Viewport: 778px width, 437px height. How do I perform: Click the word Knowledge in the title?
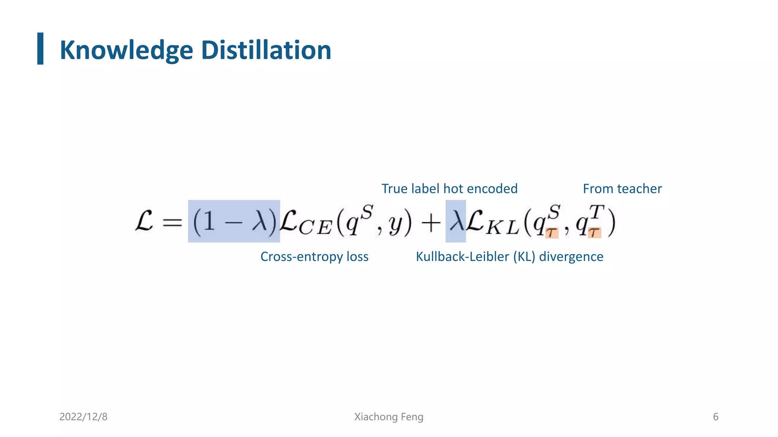pyautogui.click(x=127, y=50)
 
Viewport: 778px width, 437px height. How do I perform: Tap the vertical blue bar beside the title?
pyautogui.click(x=40, y=49)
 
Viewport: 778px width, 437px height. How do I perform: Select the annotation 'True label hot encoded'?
pyautogui.click(x=449, y=189)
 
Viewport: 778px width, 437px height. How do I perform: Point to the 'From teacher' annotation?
pyautogui.click(x=622, y=189)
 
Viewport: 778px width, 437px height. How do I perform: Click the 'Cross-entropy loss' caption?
pyautogui.click(x=314, y=256)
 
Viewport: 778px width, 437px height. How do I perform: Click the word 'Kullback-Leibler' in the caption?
pyautogui.click(x=462, y=256)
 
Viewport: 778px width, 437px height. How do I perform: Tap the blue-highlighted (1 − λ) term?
pyautogui.click(x=234, y=221)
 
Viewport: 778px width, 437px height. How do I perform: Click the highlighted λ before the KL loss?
pyautogui.click(x=455, y=221)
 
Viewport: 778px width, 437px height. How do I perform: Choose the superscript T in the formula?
pyautogui.click(x=596, y=212)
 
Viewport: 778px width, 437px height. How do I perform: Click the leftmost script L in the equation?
pyautogui.click(x=144, y=221)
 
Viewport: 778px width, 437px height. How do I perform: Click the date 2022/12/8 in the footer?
pyautogui.click(x=83, y=417)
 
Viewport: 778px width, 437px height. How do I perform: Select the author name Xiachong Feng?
pyautogui.click(x=389, y=417)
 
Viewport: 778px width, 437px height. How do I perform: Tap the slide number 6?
pyautogui.click(x=715, y=417)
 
